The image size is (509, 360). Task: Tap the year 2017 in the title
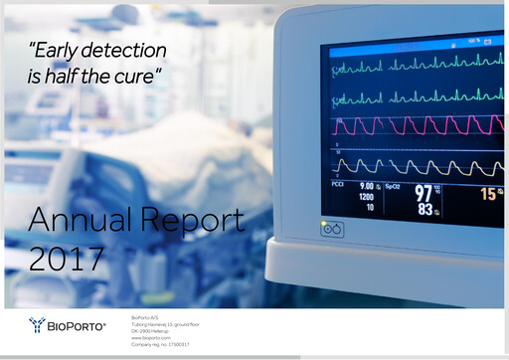point(66,258)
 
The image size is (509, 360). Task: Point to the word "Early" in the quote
point(57,50)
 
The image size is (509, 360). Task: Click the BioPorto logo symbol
point(36,324)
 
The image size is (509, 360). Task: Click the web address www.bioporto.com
point(148,338)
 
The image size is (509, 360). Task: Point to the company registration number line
point(160,344)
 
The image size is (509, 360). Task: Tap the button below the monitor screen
point(332,229)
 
